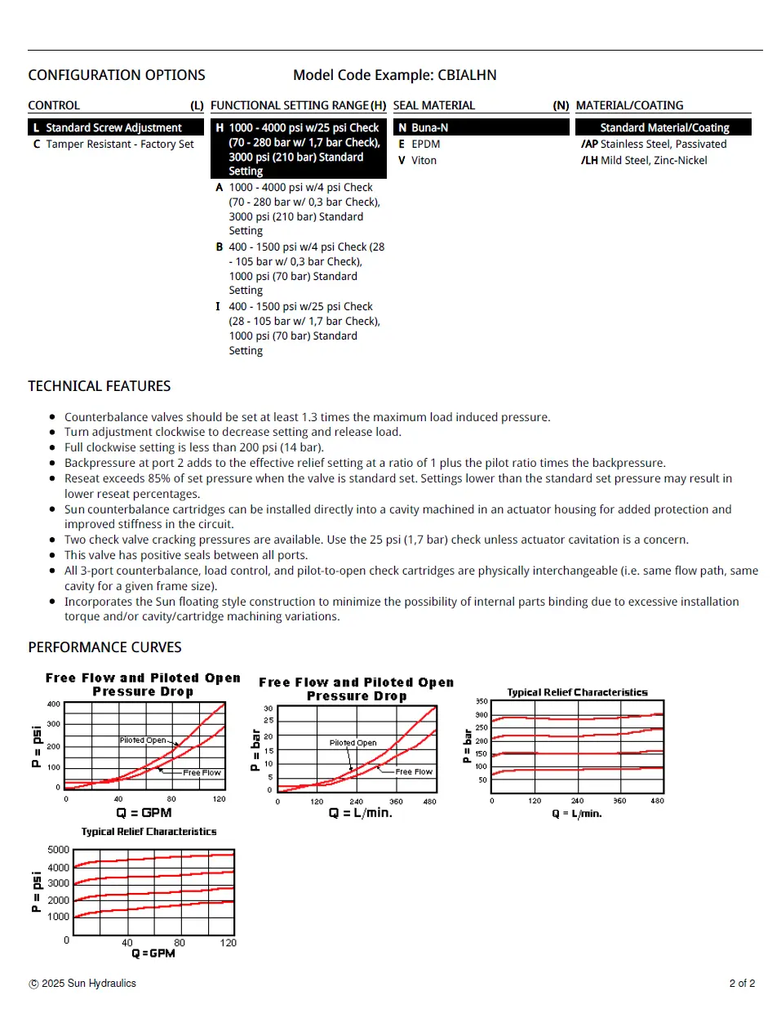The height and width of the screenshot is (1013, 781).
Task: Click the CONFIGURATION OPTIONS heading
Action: pyautogui.click(x=117, y=75)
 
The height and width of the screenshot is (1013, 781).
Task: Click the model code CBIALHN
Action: pyautogui.click(x=467, y=75)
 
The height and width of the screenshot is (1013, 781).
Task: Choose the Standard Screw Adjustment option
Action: pyautogui.click(x=113, y=128)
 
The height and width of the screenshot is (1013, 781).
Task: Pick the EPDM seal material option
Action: pyautogui.click(x=425, y=144)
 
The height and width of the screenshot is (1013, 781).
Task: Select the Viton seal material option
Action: pyautogui.click(x=424, y=161)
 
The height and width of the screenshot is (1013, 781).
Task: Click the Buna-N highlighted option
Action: pyautogui.click(x=429, y=128)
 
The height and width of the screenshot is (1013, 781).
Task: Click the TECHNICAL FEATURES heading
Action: pyautogui.click(x=100, y=386)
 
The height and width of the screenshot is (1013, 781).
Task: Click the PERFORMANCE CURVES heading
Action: pyautogui.click(x=104, y=647)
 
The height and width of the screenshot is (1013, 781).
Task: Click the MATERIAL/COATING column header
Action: pyautogui.click(x=629, y=105)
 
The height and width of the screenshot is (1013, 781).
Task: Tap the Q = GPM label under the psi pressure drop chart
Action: pyautogui.click(x=144, y=813)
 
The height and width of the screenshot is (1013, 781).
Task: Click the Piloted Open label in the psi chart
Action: pyautogui.click(x=143, y=740)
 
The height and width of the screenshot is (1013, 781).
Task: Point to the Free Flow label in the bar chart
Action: pyautogui.click(x=414, y=771)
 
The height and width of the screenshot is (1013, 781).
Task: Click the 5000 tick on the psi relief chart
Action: pyautogui.click(x=59, y=850)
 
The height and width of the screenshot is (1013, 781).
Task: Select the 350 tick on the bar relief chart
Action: pyautogui.click(x=481, y=701)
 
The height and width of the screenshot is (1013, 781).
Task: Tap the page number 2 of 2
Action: pyautogui.click(x=742, y=984)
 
